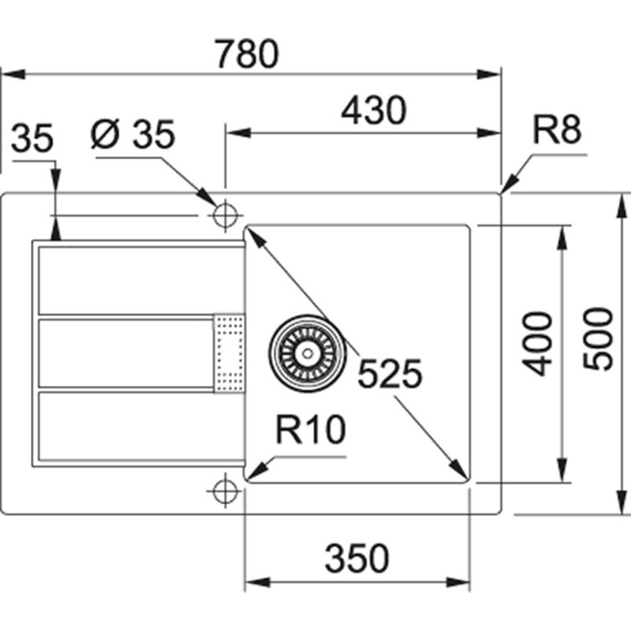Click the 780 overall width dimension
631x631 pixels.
pyautogui.click(x=248, y=54)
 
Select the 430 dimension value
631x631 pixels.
pyautogui.click(x=373, y=110)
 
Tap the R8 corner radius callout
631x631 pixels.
pyautogui.click(x=558, y=131)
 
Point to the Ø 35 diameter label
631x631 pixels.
pyautogui.click(x=133, y=135)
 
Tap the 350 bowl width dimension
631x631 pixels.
pyautogui.click(x=357, y=558)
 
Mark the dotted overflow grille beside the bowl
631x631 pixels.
pyautogui.click(x=230, y=352)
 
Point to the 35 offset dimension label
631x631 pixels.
pyautogui.click(x=32, y=139)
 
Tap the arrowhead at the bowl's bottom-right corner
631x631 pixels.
pyautogui.click(x=462, y=472)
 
